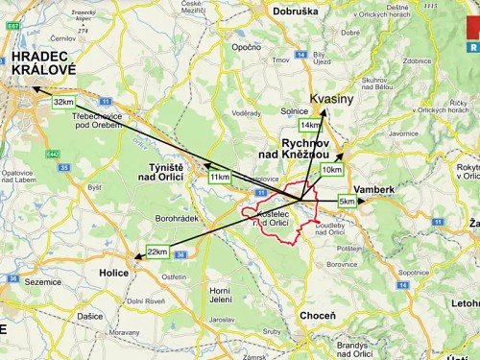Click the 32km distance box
pyautogui.click(x=64, y=102)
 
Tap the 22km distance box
pyautogui.click(x=157, y=252)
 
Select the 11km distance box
pyautogui.click(x=220, y=178)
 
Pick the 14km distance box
pyautogui.click(x=310, y=126)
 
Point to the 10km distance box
pyautogui.click(x=331, y=170)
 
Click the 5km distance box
pyautogui.click(x=347, y=202)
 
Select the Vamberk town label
pyautogui.click(x=373, y=190)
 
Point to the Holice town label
pyautogui.click(x=113, y=273)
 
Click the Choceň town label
pyautogui.click(x=317, y=315)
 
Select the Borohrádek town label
pyautogui.click(x=176, y=219)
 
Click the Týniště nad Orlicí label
pyautogui.click(x=172, y=174)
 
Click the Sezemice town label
pyautogui.click(x=41, y=282)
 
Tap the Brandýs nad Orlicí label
pyautogui.click(x=352, y=349)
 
